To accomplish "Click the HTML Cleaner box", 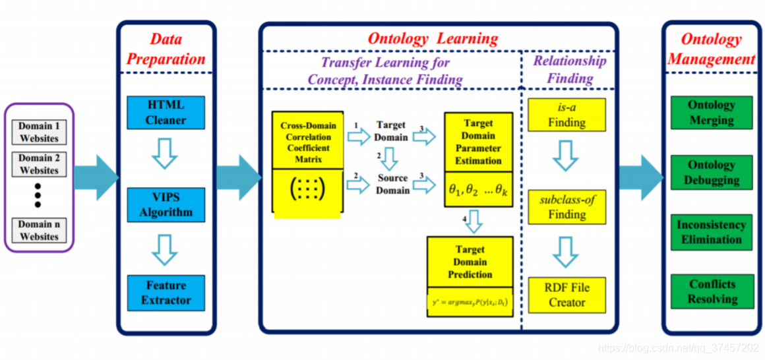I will [x=166, y=113].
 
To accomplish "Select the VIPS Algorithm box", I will [x=166, y=204].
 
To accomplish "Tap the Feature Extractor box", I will [x=166, y=293].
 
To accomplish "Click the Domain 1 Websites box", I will [x=39, y=133].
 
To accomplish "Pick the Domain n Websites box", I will [x=39, y=231].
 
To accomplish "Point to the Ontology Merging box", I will [x=711, y=113].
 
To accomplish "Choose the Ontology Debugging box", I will [x=711, y=173].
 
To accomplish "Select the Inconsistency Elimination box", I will [x=711, y=232].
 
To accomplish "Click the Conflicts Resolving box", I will [x=711, y=291].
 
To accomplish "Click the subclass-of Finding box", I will [x=566, y=207].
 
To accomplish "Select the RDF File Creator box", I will [x=566, y=295].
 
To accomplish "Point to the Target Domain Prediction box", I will [x=470, y=262].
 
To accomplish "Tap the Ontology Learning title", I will [x=433, y=38].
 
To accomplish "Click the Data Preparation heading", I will [x=166, y=49].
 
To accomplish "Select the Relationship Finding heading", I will [x=570, y=70].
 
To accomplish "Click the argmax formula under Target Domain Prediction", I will [x=470, y=303].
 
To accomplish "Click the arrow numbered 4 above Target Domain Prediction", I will [x=472, y=222].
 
